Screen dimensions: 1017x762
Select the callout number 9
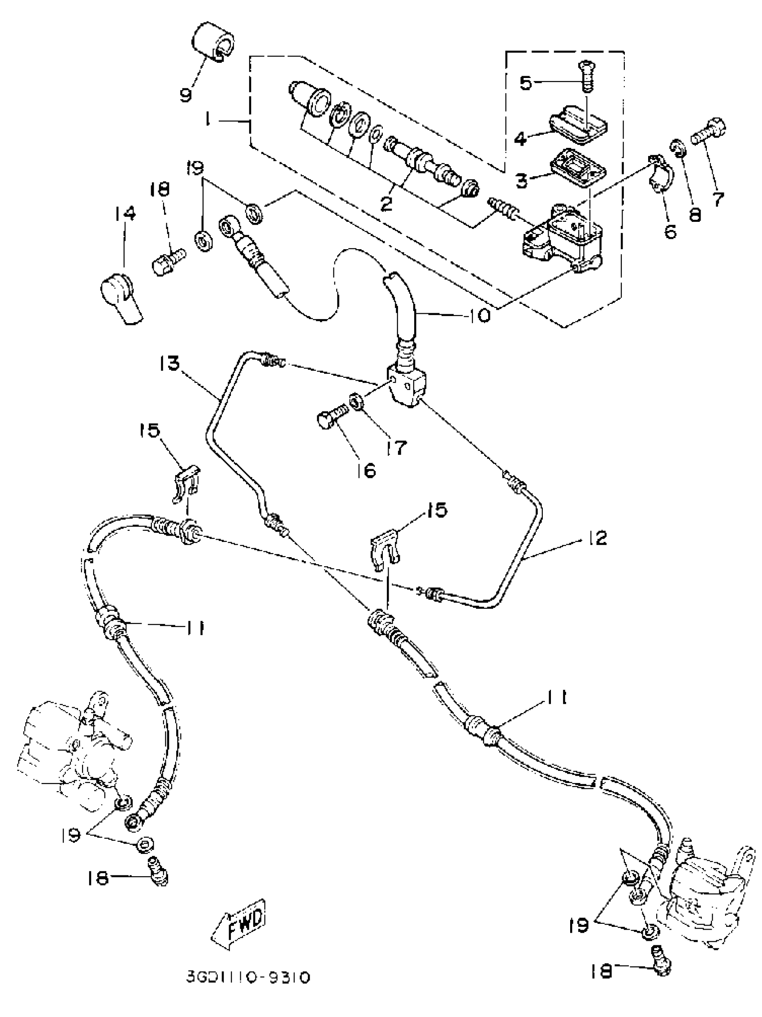185,95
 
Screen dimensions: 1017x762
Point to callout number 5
526,83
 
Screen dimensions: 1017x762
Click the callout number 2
386,203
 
